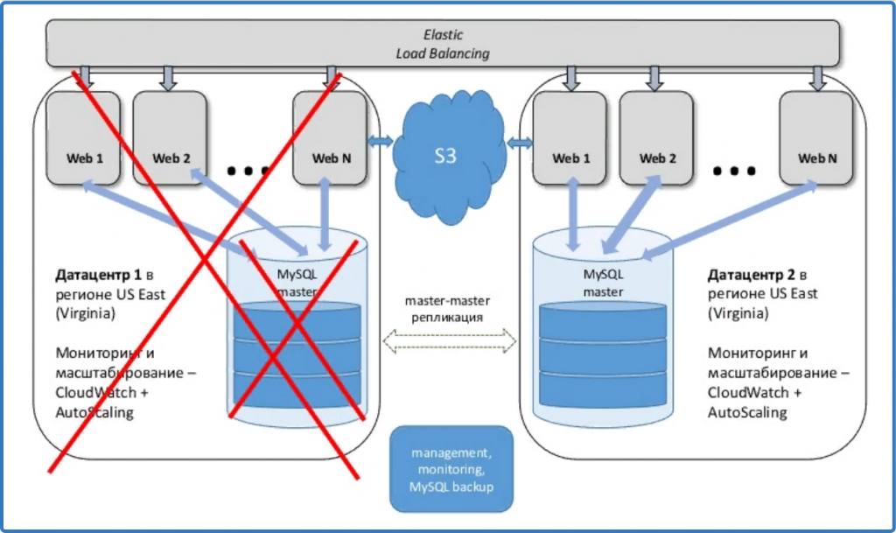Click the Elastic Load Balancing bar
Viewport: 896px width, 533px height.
[442, 43]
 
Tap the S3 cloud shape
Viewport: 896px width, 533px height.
[449, 156]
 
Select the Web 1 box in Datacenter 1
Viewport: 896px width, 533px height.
[83, 138]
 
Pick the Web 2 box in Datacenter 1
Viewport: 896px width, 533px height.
[170, 138]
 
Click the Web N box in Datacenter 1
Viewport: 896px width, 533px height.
[330, 138]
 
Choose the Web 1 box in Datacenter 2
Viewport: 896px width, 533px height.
[570, 138]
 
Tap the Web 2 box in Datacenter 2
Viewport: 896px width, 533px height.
[656, 138]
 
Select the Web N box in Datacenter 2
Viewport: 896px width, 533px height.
[816, 138]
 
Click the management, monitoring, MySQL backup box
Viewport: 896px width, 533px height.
[451, 468]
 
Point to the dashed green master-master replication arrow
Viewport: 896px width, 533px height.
[449, 341]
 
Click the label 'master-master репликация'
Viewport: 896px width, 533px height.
[447, 308]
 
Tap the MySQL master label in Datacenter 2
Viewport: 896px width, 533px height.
[604, 283]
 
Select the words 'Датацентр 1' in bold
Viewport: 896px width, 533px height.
[98, 275]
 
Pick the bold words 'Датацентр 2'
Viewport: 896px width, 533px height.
[751, 275]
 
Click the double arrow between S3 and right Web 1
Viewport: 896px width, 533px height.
[520, 143]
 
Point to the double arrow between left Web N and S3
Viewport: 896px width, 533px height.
[380, 141]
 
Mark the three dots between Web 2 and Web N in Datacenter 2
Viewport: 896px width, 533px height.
[735, 171]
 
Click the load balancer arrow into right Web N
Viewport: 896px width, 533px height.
[818, 78]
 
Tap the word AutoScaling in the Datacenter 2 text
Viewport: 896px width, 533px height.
[747, 412]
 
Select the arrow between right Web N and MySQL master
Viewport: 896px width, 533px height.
[731, 220]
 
